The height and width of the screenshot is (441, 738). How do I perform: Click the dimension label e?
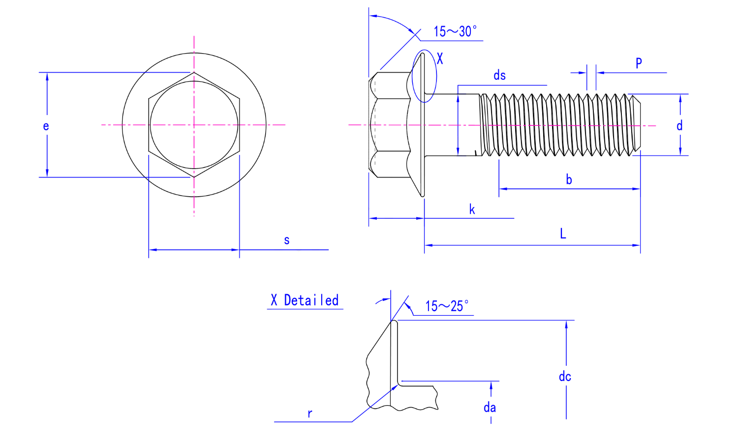pos(46,126)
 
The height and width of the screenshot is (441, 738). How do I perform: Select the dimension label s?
pos(287,240)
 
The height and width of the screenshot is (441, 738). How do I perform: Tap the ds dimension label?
pos(499,75)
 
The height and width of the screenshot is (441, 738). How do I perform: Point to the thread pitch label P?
pos(639,63)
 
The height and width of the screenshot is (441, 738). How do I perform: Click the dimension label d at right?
pos(679,125)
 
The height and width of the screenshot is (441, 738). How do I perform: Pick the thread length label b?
pos(569,179)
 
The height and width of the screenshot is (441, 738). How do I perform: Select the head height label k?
pos(472,210)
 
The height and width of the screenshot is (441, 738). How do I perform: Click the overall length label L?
pos(563,234)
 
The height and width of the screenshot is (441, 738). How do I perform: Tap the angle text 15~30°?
pos(455,31)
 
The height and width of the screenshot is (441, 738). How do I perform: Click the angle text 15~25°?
pos(446,306)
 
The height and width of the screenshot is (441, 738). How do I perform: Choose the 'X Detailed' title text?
pos(305,300)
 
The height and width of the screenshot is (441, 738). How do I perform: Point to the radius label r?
pos(309,413)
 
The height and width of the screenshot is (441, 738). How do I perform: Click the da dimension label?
pos(490,407)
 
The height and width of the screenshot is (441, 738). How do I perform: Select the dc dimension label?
pos(565,377)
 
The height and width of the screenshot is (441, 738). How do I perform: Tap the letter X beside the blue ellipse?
pos(440,59)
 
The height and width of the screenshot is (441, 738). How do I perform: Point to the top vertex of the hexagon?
pos(194,73)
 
